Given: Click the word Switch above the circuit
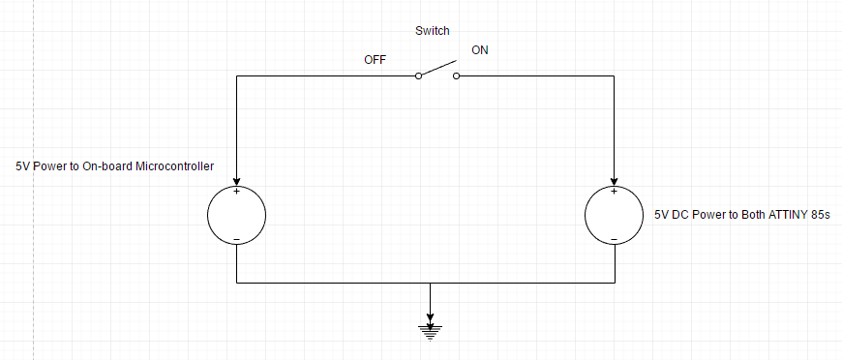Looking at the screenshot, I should [431, 31].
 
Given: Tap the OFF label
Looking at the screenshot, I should [375, 59].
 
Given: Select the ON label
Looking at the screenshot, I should [480, 49].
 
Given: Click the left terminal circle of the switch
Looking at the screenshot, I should [419, 75].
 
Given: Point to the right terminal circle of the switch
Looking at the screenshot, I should [454, 75].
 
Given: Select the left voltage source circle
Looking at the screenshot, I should [237, 214].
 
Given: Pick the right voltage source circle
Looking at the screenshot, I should [615, 214].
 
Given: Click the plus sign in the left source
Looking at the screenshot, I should [237, 191].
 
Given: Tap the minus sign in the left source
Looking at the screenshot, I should [237, 238].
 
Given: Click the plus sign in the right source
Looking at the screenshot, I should [615, 191].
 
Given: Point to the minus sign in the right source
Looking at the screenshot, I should [615, 238].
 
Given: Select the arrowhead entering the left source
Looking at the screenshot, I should [237, 179].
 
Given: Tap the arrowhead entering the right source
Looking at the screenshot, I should [615, 179].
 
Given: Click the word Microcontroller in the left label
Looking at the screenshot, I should [174, 165].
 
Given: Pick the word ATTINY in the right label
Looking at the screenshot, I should [779, 215].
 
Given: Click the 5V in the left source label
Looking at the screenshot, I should [23, 165].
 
